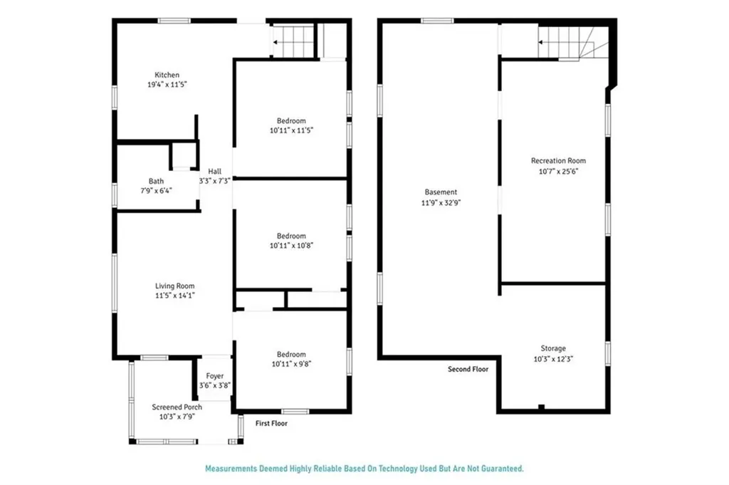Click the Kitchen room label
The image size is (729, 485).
(167, 75)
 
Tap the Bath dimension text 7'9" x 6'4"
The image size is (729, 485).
(156, 190)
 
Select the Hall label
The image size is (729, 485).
(215, 172)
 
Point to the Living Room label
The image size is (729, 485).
(174, 286)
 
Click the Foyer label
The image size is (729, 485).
(215, 376)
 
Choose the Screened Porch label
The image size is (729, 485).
(177, 407)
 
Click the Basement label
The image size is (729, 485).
(441, 192)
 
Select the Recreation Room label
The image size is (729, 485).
(558, 161)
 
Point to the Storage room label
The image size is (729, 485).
(552, 348)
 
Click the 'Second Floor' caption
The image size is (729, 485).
(468, 370)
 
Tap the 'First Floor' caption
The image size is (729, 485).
(271, 423)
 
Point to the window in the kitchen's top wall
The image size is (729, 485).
(173, 21)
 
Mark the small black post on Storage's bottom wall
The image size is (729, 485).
(542, 407)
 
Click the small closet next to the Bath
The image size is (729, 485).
(183, 155)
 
